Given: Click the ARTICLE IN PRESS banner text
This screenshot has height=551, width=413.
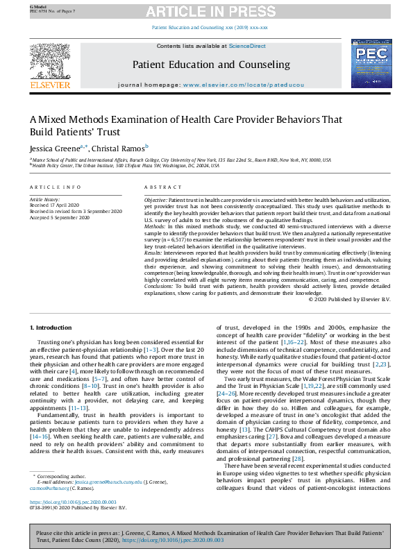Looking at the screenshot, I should (x=206, y=12).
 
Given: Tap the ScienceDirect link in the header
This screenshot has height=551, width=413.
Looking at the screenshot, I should (x=248, y=46).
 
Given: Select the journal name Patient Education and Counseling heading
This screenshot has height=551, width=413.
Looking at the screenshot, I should (x=211, y=65).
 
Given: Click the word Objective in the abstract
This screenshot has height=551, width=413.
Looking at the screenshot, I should (x=155, y=200).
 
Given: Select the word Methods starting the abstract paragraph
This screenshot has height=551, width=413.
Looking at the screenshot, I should (x=155, y=227).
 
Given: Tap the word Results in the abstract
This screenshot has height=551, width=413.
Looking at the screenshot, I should (x=154, y=254).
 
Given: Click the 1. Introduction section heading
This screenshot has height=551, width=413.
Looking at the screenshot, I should (x=52, y=326).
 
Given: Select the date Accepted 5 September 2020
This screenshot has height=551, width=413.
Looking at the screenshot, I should (x=59, y=217).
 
